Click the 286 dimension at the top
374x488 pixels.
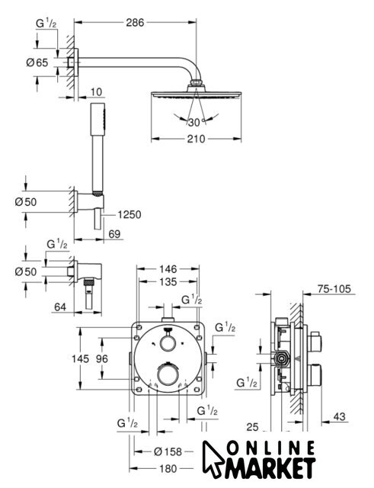(x=135, y=22)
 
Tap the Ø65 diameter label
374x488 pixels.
(x=37, y=63)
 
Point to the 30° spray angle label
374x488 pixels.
(x=194, y=123)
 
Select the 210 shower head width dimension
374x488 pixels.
(x=197, y=139)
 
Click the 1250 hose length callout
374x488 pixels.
(x=129, y=214)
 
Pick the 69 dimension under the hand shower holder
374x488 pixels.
(x=114, y=234)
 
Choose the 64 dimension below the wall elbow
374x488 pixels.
(x=60, y=307)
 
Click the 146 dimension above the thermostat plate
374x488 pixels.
(x=168, y=269)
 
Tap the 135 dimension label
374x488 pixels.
(x=168, y=282)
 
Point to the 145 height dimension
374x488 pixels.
(x=80, y=358)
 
